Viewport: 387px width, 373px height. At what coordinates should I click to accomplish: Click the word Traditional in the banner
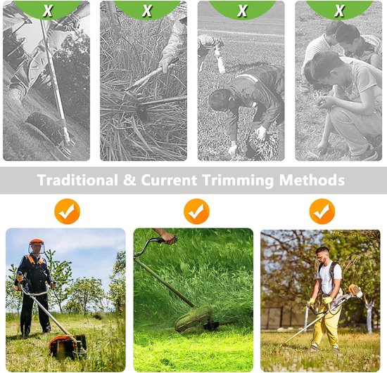(77, 180)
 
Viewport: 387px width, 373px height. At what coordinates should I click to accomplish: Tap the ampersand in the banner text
(129, 180)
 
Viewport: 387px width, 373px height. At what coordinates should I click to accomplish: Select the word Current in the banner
(169, 180)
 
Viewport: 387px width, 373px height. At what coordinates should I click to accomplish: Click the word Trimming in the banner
(238, 181)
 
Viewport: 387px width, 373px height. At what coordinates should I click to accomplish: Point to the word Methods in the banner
(312, 180)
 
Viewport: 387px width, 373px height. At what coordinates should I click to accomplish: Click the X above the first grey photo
(48, 11)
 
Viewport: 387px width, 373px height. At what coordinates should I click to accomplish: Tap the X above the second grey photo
(147, 11)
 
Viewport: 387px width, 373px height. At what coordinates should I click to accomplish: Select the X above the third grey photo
(242, 11)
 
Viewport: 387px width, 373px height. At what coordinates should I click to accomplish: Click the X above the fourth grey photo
(339, 11)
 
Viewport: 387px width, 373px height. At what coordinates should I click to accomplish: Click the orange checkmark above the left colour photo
(67, 211)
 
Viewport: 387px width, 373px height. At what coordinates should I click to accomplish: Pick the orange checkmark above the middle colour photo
(196, 211)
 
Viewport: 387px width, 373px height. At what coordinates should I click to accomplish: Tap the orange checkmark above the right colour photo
(322, 211)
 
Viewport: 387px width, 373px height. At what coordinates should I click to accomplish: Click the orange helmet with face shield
(37, 246)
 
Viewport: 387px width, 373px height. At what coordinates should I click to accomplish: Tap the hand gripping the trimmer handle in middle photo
(167, 236)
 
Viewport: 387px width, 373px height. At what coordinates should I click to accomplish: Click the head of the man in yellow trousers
(322, 254)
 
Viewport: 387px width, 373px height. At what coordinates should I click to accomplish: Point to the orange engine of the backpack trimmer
(355, 291)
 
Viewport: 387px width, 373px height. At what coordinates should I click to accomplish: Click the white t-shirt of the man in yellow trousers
(329, 277)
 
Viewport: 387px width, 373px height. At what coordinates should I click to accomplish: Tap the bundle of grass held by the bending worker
(261, 143)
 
